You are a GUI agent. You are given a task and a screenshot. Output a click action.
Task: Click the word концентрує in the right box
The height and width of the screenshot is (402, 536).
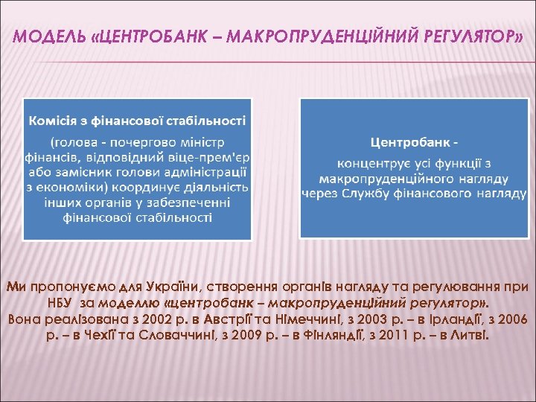(374, 163)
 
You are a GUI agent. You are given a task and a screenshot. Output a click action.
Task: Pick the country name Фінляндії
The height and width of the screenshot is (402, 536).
(318, 335)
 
